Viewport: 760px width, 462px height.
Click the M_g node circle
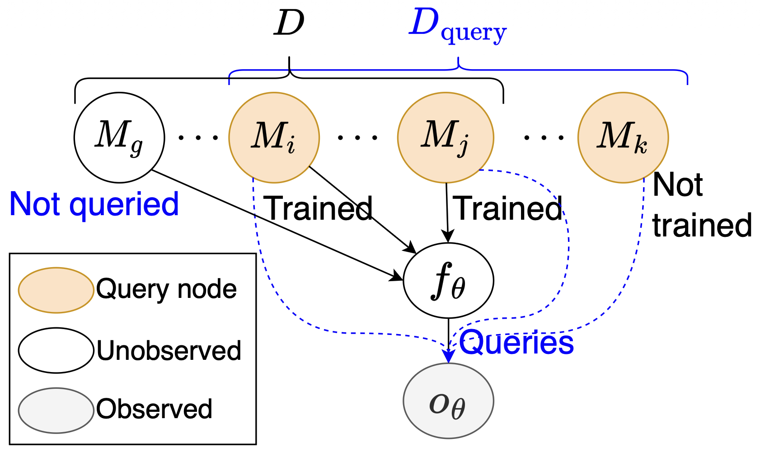pos(119,137)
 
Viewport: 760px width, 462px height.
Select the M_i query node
pos(274,137)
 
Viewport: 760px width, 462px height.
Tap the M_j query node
pos(446,137)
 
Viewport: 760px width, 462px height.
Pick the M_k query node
pos(623,137)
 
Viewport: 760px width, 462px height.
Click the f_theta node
pos(448,281)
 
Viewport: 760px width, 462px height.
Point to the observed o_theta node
pos(448,401)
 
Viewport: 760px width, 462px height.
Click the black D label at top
pos(289,24)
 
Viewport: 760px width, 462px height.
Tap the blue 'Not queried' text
pos(94,204)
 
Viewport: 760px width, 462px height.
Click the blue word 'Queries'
pos(516,342)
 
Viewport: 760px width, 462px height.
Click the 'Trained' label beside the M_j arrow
pos(509,209)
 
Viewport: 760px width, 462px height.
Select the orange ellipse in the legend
pos(56,290)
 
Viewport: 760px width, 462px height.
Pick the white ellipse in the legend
pos(56,350)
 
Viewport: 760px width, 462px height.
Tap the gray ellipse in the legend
pos(56,410)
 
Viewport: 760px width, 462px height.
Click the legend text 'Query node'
pos(166,289)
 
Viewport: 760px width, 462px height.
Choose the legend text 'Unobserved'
pos(169,351)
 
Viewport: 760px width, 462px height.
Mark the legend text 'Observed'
pos(154,409)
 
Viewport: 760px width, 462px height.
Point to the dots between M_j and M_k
pos(544,137)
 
